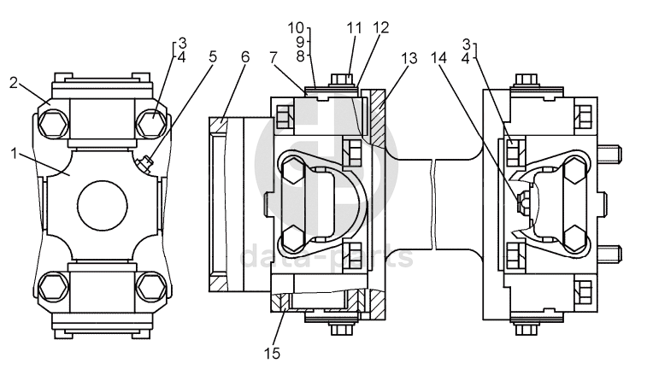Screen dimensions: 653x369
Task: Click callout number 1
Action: [x=14, y=154]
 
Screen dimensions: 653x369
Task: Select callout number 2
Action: [x=15, y=83]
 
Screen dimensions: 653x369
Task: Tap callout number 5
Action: [x=213, y=56]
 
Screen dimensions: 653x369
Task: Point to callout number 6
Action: [x=245, y=57]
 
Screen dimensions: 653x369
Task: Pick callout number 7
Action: [x=274, y=57]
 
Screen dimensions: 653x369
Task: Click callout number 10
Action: [x=297, y=28]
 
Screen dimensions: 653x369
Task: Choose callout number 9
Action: [x=301, y=42]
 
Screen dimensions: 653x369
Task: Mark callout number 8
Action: [x=301, y=56]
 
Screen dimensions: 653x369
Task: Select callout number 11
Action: [x=355, y=28]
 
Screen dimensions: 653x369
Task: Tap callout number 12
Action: [x=381, y=27]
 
